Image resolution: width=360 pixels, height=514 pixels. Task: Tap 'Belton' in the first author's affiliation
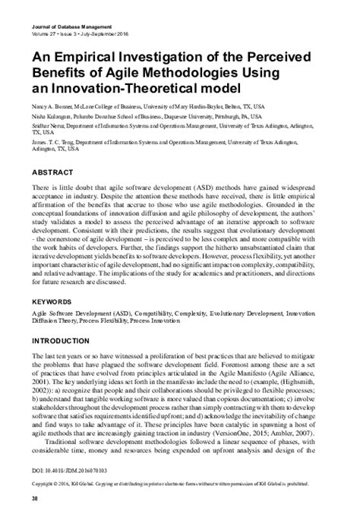click(252, 109)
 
